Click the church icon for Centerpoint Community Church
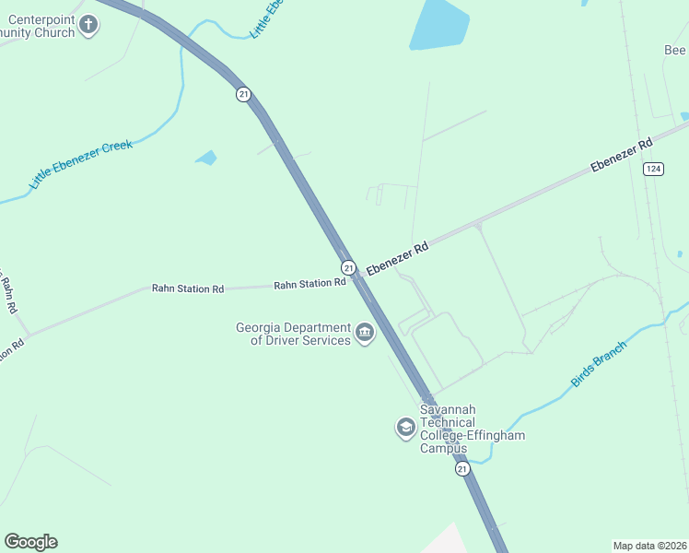coord(88,24)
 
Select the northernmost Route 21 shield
coord(243,94)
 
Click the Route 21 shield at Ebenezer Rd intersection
coord(349,267)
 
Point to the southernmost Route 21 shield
coord(462,469)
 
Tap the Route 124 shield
coord(653,168)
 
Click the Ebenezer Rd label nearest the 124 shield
coord(622,154)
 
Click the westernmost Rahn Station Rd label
coord(188,289)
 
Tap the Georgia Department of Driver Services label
coord(293,334)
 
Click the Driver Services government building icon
coord(365,333)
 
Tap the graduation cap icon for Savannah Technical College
coord(405,428)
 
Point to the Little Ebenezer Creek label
coord(81,165)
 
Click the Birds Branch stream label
coord(599,363)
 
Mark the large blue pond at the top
coord(438,24)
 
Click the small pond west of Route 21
coord(207,158)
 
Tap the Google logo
coord(31,542)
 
